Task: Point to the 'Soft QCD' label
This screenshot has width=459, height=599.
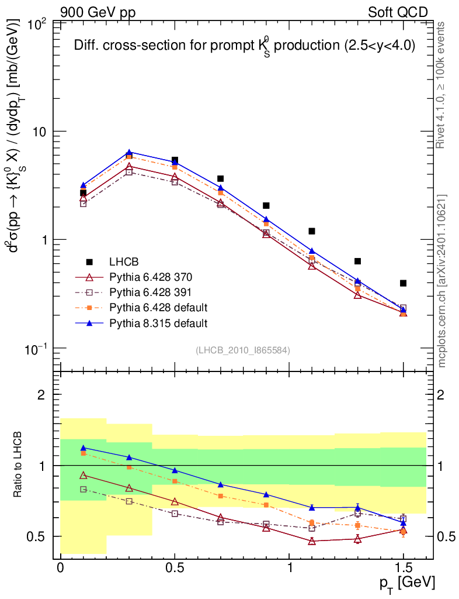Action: (398, 12)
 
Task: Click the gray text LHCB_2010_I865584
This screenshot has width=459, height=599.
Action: (242, 350)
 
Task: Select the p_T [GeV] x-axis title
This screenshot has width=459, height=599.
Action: (409, 583)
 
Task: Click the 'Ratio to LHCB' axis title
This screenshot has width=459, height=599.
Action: (19, 466)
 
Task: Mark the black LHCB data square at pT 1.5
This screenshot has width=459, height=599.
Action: (403, 283)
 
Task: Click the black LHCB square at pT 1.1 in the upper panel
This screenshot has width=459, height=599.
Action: (312, 231)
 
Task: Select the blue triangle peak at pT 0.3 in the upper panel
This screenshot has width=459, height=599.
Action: (129, 153)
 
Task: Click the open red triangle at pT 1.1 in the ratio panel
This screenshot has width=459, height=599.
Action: (312, 541)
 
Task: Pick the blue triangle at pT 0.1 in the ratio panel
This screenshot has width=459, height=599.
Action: (84, 447)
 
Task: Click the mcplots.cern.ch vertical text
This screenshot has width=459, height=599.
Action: (443, 281)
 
